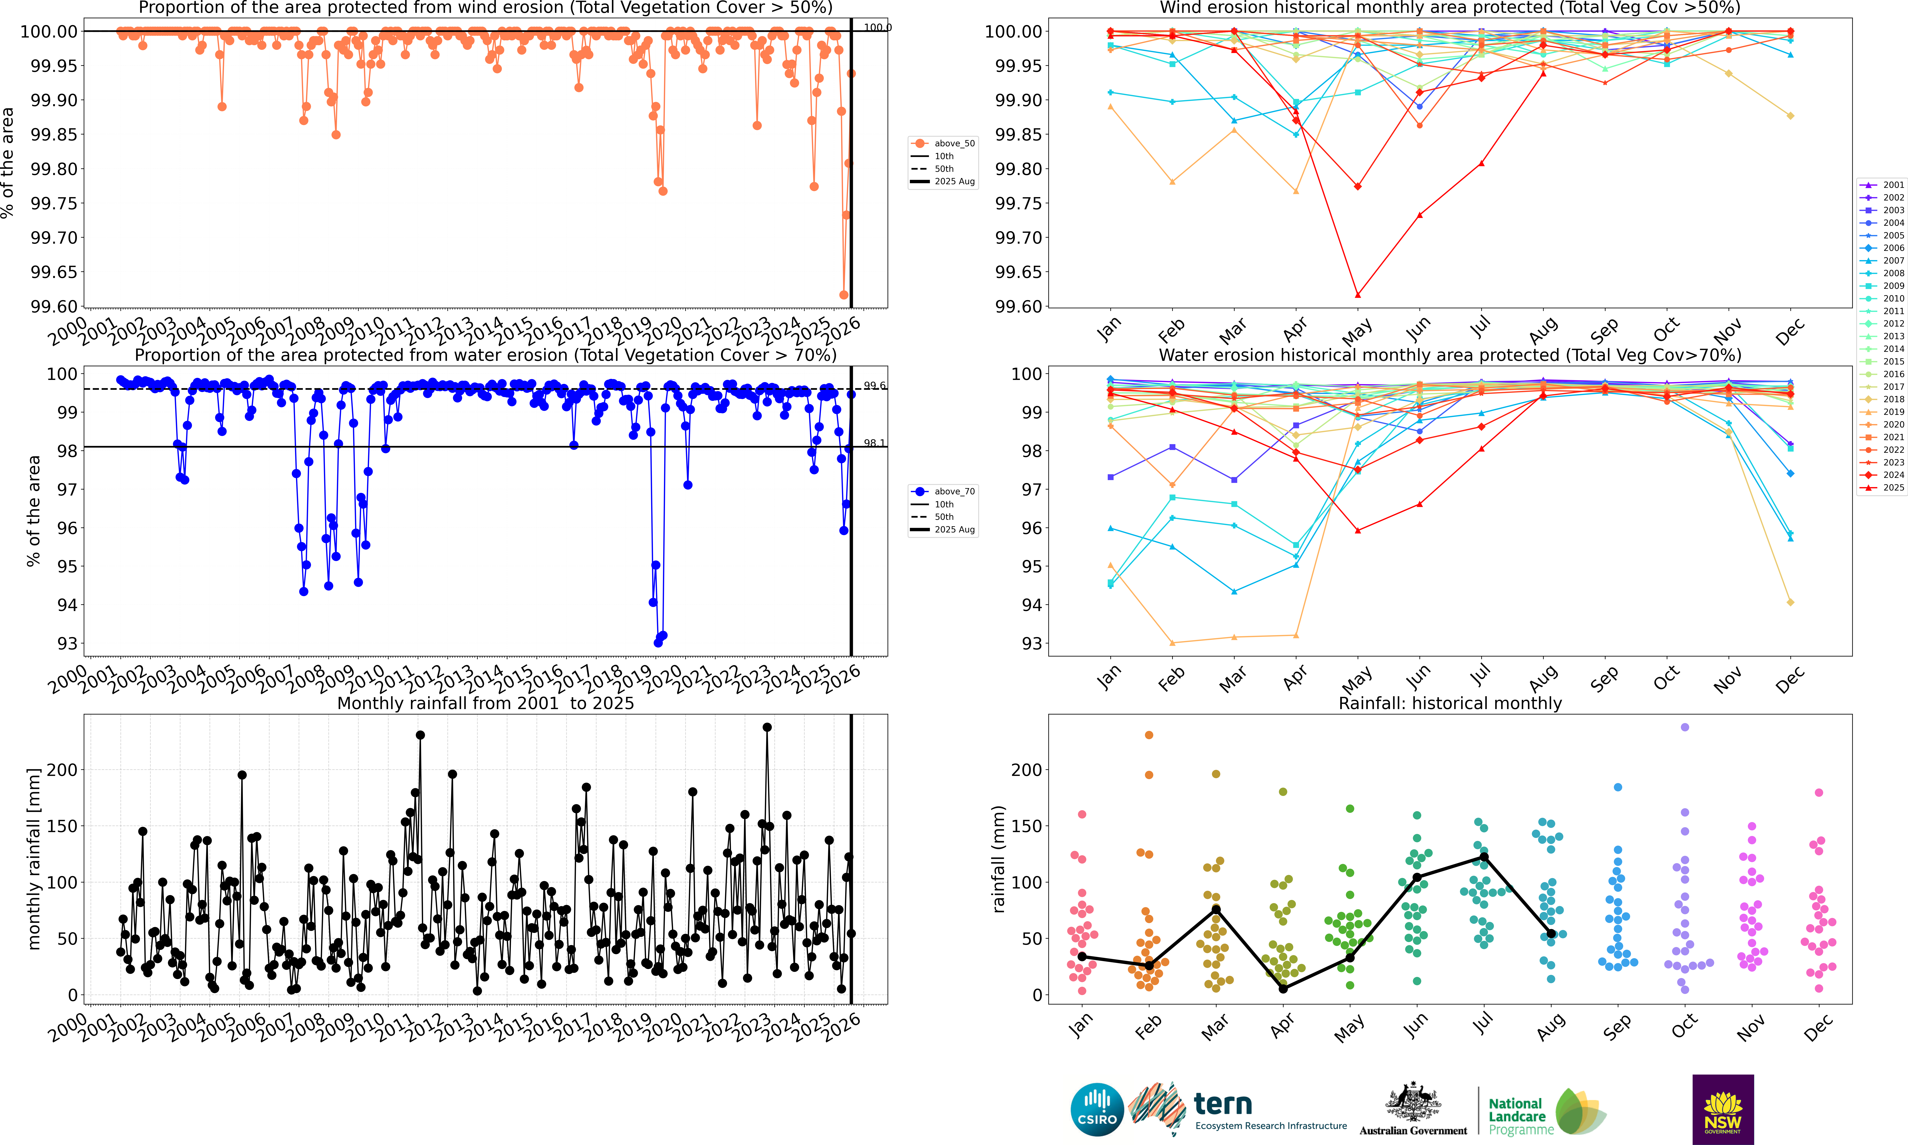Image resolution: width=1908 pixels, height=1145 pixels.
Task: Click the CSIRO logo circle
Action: pyautogui.click(x=1096, y=1110)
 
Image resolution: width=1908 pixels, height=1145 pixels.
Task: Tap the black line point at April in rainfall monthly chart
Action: pyautogui.click(x=1283, y=988)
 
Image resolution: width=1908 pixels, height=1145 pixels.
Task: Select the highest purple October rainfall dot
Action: pyautogui.click(x=1685, y=727)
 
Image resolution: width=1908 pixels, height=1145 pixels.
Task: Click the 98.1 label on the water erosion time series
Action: pyautogui.click(x=874, y=443)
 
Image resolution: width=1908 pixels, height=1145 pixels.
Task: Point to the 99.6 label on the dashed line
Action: pyautogui.click(x=874, y=386)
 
